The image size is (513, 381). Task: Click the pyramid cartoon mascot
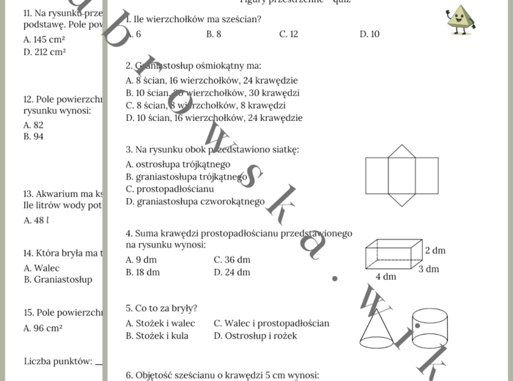460,20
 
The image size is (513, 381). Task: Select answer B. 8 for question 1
213,34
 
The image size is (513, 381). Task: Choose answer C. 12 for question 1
288,34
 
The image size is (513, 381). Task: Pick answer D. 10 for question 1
369,34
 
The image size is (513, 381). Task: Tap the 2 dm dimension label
435,251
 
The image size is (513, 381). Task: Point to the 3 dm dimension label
429,269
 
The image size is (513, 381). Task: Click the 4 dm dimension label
385,277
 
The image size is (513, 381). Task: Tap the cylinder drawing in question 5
429,328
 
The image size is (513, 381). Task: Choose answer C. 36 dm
232,259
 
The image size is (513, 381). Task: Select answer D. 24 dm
232,272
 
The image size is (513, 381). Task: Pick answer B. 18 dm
142,272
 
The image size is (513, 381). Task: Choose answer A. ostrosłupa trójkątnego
177,164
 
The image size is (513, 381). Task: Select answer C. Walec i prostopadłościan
271,323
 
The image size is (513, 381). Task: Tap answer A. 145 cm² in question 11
44,40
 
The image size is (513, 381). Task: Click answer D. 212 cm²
44,52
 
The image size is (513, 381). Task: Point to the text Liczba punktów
58,360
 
